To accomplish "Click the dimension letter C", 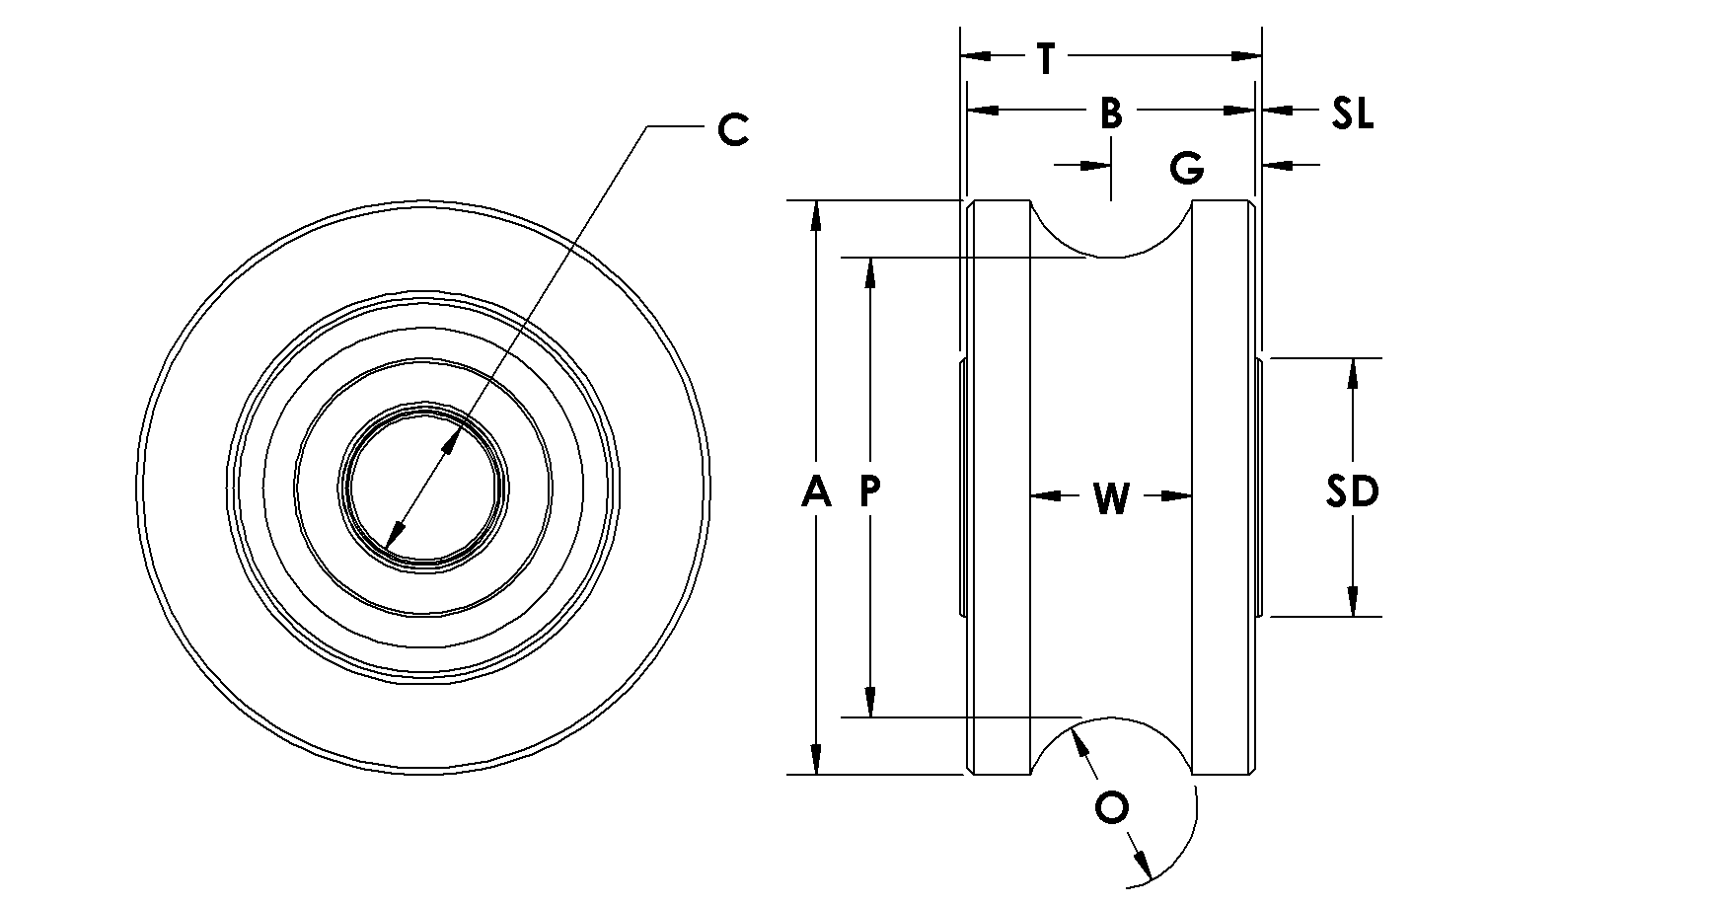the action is [x=732, y=129].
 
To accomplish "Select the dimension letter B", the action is [x=1111, y=113].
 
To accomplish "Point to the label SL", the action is [x=1352, y=113].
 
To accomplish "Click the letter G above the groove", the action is [x=1187, y=169].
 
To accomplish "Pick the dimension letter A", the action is [x=816, y=490].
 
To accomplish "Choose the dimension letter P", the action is [x=869, y=490].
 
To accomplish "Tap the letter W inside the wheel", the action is [x=1111, y=498].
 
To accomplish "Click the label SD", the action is [x=1351, y=490].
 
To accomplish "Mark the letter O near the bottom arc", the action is [x=1112, y=808].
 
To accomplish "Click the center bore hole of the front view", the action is [x=424, y=487].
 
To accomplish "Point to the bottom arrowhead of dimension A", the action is [x=816, y=759].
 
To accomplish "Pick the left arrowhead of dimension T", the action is [x=977, y=57].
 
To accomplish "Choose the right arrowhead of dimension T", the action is [x=1246, y=57].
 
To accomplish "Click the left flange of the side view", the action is [x=998, y=488].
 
